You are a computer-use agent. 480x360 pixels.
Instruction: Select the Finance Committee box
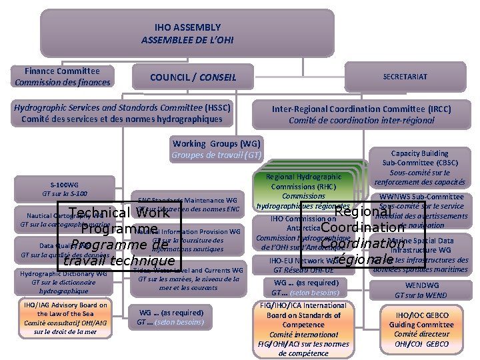(63, 77)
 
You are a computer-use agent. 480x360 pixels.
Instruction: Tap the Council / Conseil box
(193, 77)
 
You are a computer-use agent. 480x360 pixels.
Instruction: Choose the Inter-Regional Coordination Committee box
(361, 114)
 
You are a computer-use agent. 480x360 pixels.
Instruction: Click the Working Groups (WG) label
(217, 144)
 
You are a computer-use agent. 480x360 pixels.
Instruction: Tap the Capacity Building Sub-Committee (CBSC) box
(419, 167)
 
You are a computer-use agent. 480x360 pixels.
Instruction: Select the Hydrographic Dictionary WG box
(63, 282)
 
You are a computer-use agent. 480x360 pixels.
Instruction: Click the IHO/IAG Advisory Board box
(64, 318)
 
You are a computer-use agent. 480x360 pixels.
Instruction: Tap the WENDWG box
(421, 290)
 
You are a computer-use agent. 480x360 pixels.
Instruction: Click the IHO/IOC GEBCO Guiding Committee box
(421, 329)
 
